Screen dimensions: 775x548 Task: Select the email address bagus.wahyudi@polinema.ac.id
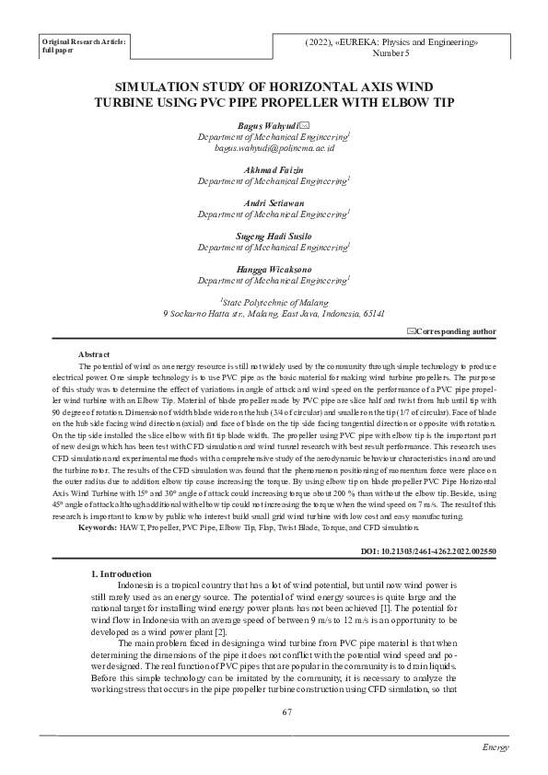click(274, 147)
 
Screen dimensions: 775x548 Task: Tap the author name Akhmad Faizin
click(274, 170)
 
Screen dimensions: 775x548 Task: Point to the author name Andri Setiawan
click(274, 202)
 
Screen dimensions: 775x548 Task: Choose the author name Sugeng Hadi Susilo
click(274, 236)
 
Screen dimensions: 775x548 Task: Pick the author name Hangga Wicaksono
click(274, 269)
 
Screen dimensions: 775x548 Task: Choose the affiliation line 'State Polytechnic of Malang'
click(274, 301)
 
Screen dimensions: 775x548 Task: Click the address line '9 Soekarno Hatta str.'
click(274, 314)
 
